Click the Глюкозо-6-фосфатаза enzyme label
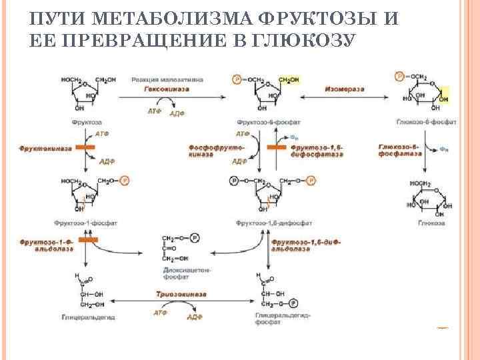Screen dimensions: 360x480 400,149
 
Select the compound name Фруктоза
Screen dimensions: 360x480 86,123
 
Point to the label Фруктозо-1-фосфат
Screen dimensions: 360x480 86,223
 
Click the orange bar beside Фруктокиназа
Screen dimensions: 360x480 85,147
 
